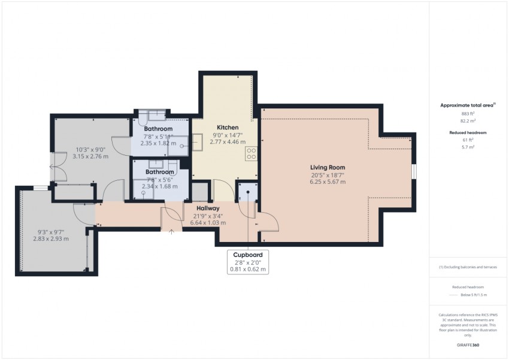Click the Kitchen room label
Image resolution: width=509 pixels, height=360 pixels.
click(x=228, y=128)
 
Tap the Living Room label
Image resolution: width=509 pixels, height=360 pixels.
click(x=328, y=167)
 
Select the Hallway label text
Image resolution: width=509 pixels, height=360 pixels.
click(x=208, y=208)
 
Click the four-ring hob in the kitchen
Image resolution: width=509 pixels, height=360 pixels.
click(x=252, y=154)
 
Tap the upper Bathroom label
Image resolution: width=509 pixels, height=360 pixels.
click(x=159, y=129)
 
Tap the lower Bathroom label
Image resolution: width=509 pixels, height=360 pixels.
click(x=159, y=172)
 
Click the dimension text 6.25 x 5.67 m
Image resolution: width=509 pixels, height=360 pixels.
click(x=328, y=181)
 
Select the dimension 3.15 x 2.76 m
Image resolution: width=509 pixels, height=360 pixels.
click(x=90, y=156)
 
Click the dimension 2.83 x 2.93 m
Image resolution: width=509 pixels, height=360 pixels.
click(x=51, y=238)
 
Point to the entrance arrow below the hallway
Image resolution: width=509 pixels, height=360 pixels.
click(x=172, y=231)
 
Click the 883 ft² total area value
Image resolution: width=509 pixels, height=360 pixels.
click(x=468, y=114)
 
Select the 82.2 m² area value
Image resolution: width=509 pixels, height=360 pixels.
click(x=468, y=121)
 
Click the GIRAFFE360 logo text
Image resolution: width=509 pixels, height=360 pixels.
click(x=468, y=345)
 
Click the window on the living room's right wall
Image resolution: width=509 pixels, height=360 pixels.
click(x=414, y=171)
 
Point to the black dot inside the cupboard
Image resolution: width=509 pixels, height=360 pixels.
click(x=248, y=192)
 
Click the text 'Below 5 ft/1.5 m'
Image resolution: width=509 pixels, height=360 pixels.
click(x=473, y=295)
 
